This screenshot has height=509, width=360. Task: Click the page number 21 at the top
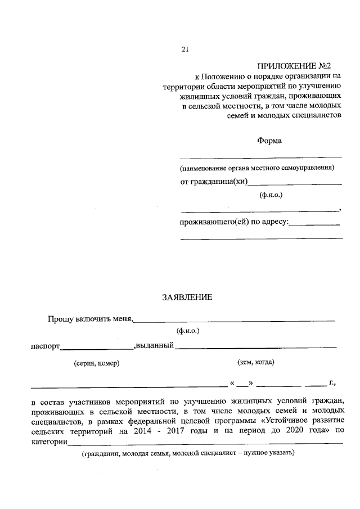pos(184,49)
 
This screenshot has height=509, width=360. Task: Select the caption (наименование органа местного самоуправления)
pos(257,168)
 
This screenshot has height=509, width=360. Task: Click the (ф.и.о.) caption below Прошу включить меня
pos(187,331)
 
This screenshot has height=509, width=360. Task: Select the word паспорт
pos(45,346)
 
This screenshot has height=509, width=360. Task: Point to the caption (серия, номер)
pos(96,363)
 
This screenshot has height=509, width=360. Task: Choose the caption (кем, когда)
pos(256,362)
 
